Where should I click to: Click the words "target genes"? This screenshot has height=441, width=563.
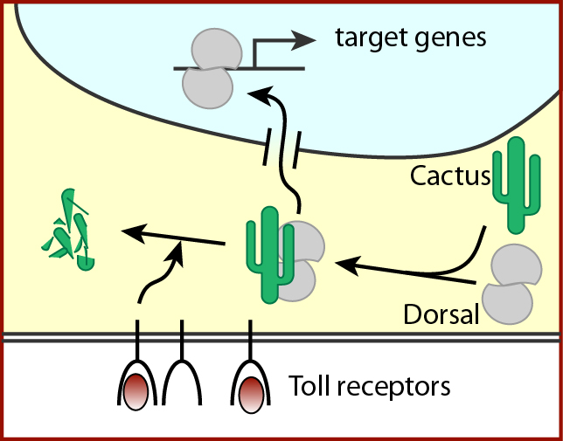click(410, 38)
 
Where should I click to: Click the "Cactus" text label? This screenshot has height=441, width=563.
click(449, 176)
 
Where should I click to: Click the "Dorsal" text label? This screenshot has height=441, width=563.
click(441, 314)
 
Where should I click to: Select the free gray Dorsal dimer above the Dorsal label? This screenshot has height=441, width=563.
click(512, 284)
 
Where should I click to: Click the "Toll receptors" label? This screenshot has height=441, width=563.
click(369, 384)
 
